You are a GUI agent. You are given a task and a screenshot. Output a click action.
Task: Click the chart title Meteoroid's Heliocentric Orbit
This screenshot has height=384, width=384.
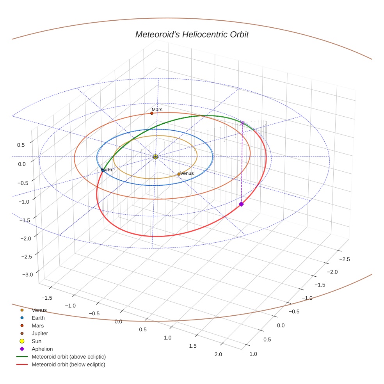tap(192, 34)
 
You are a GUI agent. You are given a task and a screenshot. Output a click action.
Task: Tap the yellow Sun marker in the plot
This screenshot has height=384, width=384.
tap(155, 156)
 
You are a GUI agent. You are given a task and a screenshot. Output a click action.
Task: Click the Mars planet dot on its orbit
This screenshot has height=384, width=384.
tap(152, 113)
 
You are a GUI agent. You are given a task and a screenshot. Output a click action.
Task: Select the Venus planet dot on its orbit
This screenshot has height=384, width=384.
tap(179, 174)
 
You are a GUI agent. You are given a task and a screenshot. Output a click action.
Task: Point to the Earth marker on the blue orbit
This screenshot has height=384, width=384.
tap(103, 170)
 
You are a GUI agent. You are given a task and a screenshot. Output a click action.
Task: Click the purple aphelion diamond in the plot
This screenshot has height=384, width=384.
tap(241, 204)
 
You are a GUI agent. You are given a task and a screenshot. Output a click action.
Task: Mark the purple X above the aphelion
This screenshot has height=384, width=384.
tap(242, 123)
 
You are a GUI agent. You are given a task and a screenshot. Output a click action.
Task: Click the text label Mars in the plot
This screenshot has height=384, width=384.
tap(157, 110)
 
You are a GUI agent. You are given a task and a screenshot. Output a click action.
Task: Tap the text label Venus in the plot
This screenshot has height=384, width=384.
tap(187, 173)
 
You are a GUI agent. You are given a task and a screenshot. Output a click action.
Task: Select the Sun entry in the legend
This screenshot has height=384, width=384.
tap(36, 341)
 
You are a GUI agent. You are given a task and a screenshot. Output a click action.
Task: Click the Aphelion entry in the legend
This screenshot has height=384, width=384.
tap(42, 349)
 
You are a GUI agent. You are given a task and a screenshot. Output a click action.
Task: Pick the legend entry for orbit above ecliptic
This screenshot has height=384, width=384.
tap(68, 357)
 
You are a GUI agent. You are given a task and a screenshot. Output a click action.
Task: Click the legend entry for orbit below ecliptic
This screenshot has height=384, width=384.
tap(68, 364)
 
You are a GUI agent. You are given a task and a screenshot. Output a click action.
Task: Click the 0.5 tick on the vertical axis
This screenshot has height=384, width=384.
tap(21, 145)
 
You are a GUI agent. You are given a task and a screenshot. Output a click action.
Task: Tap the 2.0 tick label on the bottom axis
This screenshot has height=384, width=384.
tap(218, 354)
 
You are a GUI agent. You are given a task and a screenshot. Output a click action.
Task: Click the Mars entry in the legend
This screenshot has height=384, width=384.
tap(37, 325)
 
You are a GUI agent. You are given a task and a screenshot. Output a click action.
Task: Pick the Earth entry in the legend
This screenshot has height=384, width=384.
tap(38, 318)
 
